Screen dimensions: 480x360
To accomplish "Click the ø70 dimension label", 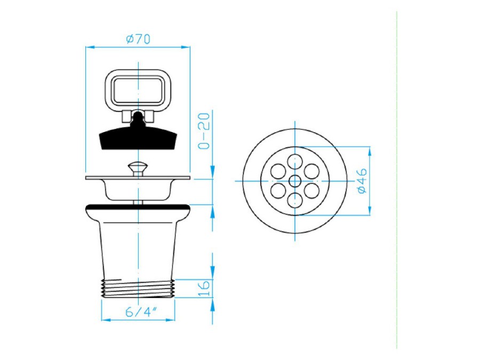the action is point(138,39).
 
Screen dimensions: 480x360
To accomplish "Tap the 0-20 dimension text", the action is point(204,131).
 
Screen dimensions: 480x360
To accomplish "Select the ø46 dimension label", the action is point(362,181).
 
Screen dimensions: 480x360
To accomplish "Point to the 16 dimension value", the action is point(204,288).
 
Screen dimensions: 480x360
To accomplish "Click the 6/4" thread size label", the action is point(141,312).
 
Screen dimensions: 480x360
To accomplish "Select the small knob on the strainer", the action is point(138,169).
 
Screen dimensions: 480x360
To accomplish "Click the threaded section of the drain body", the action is point(138,289).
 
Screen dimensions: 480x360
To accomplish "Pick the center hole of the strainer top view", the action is point(295,181).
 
